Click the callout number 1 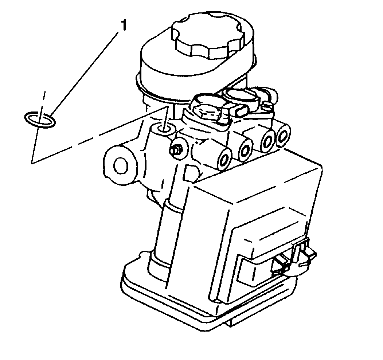[x=124, y=26]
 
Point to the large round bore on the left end [x=121, y=165]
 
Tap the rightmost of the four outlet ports [x=283, y=136]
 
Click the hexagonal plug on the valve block [x=207, y=112]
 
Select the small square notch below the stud [x=190, y=173]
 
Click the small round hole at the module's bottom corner [x=216, y=301]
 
